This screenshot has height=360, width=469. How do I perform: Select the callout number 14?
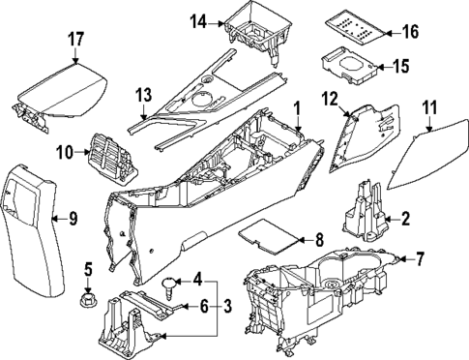pos(200,21)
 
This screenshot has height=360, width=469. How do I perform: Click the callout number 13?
pos(143,95)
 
